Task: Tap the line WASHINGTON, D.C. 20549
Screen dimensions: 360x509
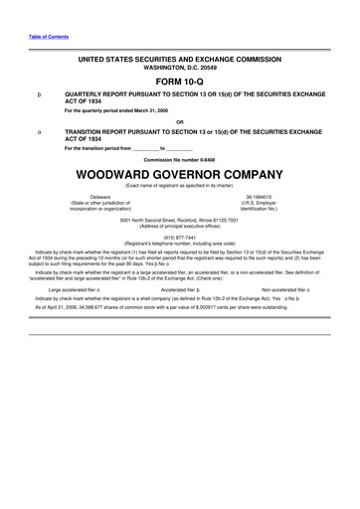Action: coord(179,70)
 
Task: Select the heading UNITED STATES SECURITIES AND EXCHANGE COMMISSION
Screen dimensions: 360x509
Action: coord(179,61)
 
